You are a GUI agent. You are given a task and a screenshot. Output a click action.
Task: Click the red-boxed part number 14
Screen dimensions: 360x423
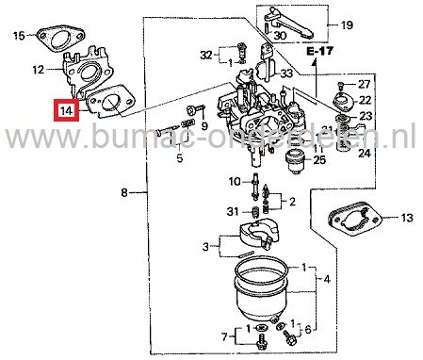pyautogui.click(x=65, y=110)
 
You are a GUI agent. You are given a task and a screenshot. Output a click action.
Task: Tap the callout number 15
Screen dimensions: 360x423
pyautogui.click(x=19, y=38)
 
